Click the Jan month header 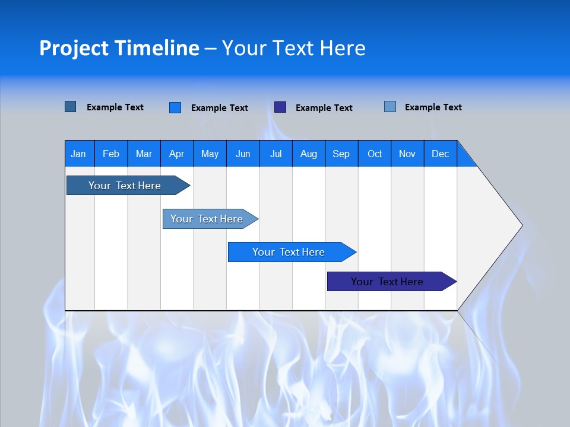click(79, 154)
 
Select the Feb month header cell click(111, 154)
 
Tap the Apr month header click(177, 154)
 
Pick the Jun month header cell click(243, 154)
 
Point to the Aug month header click(309, 154)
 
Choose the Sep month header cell click(341, 154)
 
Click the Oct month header click(375, 154)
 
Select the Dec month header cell click(441, 154)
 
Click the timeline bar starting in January click(125, 186)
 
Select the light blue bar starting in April click(207, 219)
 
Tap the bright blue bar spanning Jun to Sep click(289, 252)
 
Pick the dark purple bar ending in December click(388, 282)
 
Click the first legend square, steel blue click(71, 107)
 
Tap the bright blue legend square click(175, 107)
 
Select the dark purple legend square click(280, 107)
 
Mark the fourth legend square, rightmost click(390, 107)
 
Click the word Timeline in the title click(157, 48)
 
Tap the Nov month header click(407, 154)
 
